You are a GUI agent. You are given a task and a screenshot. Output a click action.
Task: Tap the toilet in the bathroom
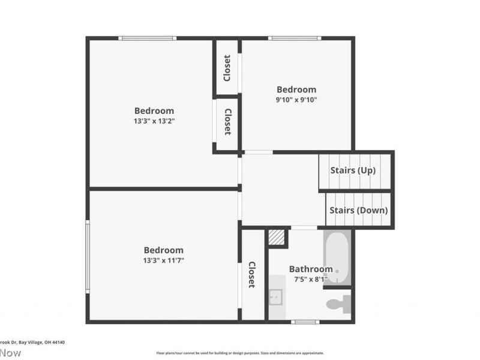tap(338, 304)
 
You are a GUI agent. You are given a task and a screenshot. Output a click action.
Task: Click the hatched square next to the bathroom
tap(276, 237)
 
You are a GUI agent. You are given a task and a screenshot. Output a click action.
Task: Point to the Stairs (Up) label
tap(353, 170)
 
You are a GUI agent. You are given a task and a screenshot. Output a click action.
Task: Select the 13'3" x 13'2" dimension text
tap(154, 121)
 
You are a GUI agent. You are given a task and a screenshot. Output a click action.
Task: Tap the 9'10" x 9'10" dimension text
tap(296, 100)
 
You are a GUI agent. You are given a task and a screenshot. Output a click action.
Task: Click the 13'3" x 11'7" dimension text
tap(163, 260)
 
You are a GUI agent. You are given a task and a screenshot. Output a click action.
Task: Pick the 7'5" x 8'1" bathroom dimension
tap(310, 280)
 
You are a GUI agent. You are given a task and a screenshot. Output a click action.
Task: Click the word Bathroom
tap(310, 269)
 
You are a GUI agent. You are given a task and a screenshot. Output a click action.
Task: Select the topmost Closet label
tap(227, 68)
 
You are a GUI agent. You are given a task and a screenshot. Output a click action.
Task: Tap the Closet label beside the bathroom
tap(252, 275)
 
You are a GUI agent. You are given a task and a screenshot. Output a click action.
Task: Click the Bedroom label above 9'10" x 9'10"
tap(296, 90)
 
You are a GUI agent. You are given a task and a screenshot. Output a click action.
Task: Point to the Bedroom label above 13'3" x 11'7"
tap(163, 250)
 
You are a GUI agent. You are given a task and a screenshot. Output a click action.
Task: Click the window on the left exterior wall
tap(88, 257)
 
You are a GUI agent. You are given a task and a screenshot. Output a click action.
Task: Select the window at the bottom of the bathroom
tap(305, 322)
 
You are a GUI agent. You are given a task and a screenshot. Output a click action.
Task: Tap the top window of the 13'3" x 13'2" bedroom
tap(147, 38)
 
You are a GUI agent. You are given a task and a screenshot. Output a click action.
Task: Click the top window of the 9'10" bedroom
tap(294, 38)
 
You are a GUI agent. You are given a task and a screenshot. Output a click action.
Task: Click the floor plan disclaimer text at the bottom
tap(240, 353)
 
